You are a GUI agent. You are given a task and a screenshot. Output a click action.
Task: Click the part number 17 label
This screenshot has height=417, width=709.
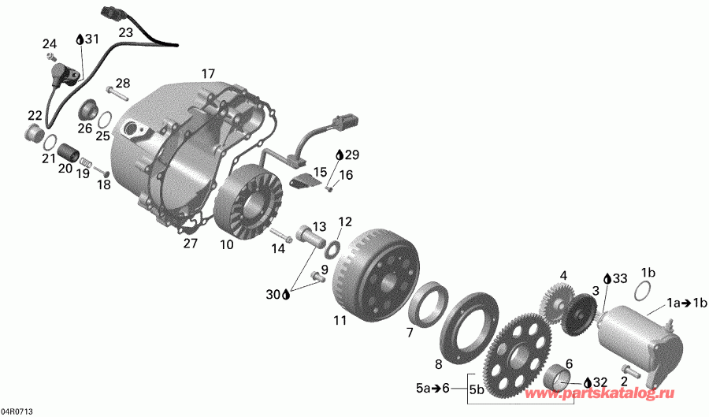point(208,74)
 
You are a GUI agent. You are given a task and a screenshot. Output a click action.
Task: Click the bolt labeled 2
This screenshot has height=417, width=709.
point(631,370)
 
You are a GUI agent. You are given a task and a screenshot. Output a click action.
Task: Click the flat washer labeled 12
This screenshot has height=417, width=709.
point(333,249)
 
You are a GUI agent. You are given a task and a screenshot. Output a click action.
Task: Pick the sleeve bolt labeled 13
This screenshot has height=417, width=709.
point(313,236)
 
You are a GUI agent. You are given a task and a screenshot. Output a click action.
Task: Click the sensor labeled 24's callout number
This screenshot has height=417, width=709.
point(50,44)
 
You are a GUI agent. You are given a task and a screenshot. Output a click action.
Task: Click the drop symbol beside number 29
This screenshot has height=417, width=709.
point(340,155)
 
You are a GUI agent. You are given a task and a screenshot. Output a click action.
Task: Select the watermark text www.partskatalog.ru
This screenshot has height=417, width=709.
point(600,393)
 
